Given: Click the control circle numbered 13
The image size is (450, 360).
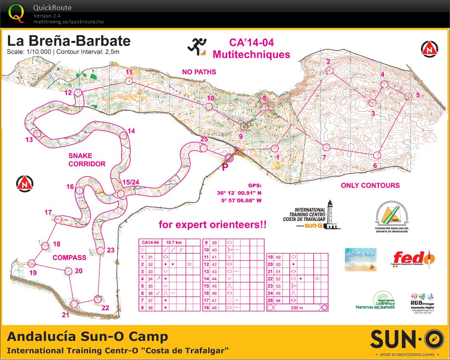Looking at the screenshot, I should [37, 133].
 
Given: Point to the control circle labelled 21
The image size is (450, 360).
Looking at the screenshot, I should [74, 304].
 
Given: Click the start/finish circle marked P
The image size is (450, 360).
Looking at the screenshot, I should [229, 158].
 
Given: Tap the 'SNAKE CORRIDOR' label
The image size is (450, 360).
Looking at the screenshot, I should [86, 159].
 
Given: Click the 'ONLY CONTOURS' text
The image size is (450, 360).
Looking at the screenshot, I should [370, 185].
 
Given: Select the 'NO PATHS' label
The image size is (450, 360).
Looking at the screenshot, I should [199, 72].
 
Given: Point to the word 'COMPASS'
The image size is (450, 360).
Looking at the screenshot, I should [69, 258].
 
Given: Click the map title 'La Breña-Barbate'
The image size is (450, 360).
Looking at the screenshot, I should [68, 41].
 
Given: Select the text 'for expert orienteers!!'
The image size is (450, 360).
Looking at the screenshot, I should [213, 224].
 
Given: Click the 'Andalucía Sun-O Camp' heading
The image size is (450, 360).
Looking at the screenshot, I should [88, 337].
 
